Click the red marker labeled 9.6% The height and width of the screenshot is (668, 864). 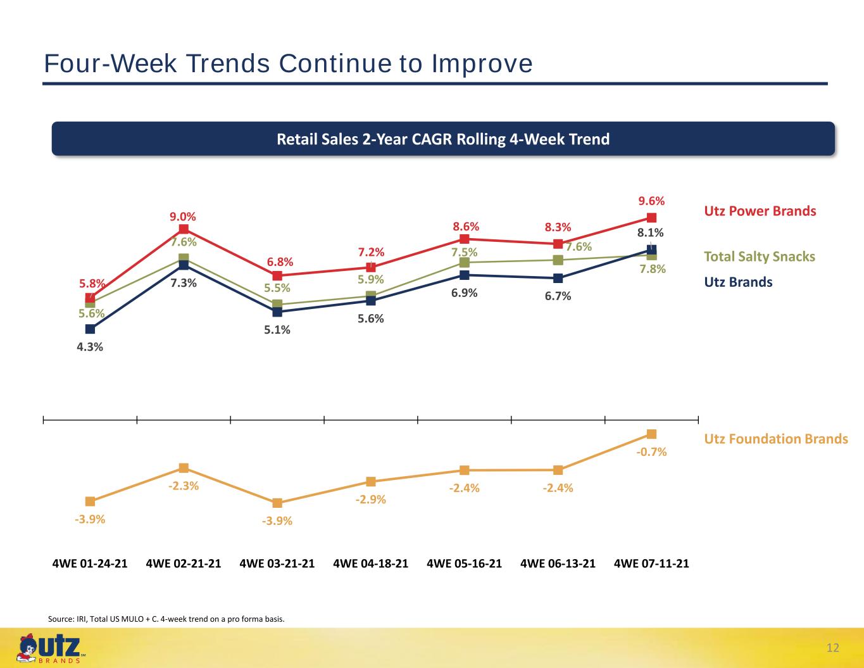[651, 218]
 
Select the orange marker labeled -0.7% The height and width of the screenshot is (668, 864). [651, 434]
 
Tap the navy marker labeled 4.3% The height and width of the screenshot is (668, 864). [91, 329]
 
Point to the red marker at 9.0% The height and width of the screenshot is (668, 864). [184, 229]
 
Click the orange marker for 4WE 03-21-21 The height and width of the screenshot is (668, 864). [277, 503]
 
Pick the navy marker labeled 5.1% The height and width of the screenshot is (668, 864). [277, 312]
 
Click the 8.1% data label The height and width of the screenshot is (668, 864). [651, 232]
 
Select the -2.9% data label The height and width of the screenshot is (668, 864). [370, 500]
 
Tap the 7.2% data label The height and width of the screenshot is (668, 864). [371, 252]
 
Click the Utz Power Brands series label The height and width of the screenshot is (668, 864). [760, 211]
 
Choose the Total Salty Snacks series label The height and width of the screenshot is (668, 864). [760, 256]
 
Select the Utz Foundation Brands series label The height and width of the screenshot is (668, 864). [776, 439]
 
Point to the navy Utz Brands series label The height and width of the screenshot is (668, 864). [738, 282]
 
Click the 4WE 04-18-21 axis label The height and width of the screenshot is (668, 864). [370, 564]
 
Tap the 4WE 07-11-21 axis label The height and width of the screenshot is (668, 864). [651, 564]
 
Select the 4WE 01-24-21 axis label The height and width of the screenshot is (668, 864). [90, 564]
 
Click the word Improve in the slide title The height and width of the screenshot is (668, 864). [482, 64]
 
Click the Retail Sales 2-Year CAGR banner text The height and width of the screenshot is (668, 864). [443, 139]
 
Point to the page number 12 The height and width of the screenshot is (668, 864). [832, 648]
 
